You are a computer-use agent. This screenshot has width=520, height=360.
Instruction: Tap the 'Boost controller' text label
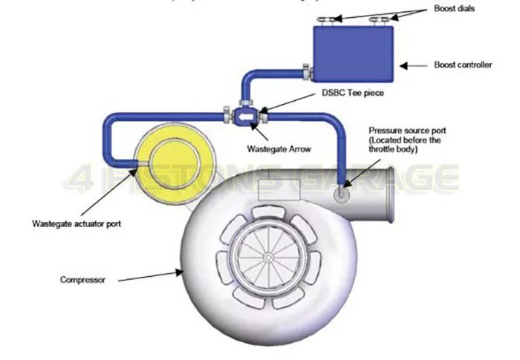(463, 65)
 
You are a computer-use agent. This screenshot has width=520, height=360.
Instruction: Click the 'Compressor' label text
(83, 280)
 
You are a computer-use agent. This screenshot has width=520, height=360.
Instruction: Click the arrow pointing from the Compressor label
(149, 275)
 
